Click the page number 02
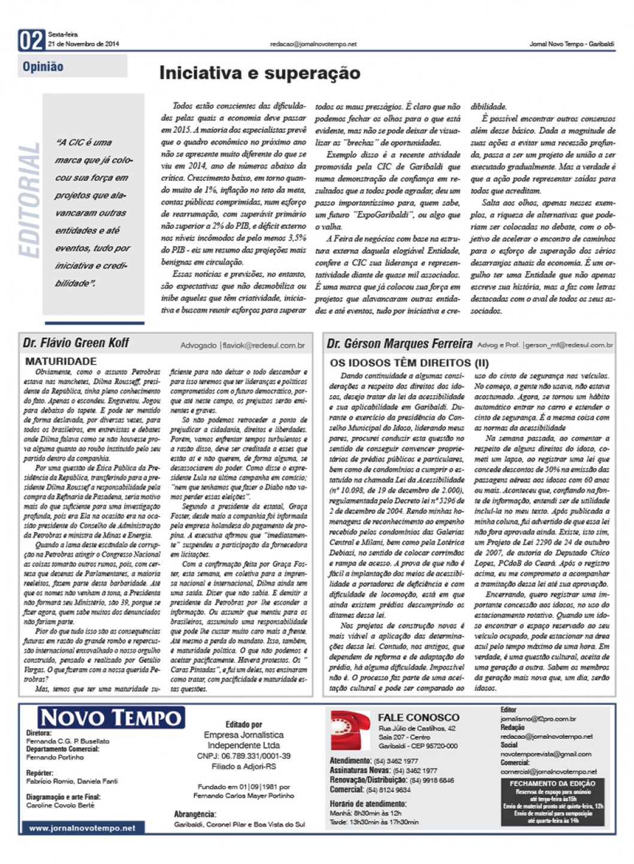click(32, 40)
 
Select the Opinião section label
click(43, 66)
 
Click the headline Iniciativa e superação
click(259, 73)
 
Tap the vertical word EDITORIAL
click(29, 201)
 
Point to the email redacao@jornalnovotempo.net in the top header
click(313, 44)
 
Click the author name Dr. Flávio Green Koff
click(76, 343)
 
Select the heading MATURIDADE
click(61, 362)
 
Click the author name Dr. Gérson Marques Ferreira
click(400, 344)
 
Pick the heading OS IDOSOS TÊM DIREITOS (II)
click(409, 363)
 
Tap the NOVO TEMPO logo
click(111, 718)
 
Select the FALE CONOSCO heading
click(418, 717)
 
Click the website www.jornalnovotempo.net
click(82, 828)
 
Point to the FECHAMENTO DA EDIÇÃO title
click(552, 783)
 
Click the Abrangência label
click(195, 814)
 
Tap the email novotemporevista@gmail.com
click(546, 754)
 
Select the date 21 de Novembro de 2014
click(83, 44)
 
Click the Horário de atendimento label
click(368, 804)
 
